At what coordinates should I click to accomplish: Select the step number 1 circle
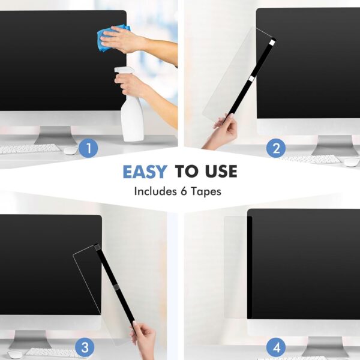[88, 148]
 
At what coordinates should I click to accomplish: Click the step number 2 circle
[275, 148]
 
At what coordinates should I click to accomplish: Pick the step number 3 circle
[85, 346]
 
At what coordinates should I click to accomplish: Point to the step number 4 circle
[276, 346]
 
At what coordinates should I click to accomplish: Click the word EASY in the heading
[145, 172]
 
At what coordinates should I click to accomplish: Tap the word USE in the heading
[218, 172]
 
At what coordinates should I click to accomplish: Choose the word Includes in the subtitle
[153, 193]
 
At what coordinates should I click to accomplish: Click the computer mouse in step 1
[70, 149]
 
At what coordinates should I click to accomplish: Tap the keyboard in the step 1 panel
[30, 148]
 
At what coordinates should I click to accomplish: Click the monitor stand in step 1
[54, 136]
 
